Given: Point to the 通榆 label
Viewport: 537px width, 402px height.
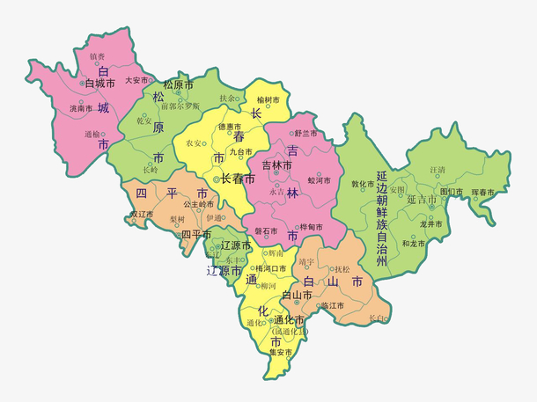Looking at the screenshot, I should pyautogui.click(x=92, y=135).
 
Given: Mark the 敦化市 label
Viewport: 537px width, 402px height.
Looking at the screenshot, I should pyautogui.click(x=363, y=185).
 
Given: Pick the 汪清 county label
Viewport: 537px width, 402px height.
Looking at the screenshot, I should pyautogui.click(x=438, y=169).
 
